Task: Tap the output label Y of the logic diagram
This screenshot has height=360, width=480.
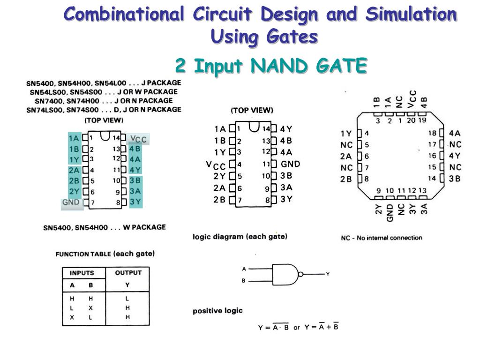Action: pyautogui.click(x=328, y=274)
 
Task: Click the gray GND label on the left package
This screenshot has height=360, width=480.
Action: pyautogui.click(x=71, y=202)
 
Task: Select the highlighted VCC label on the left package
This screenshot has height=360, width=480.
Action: pyautogui.click(x=139, y=139)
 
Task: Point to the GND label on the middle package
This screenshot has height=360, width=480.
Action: pyautogui.click(x=290, y=164)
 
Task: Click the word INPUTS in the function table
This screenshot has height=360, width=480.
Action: pyautogui.click(x=82, y=273)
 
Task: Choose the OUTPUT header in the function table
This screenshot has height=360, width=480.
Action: pyautogui.click(x=128, y=273)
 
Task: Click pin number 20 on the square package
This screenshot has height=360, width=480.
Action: pyautogui.click(x=411, y=120)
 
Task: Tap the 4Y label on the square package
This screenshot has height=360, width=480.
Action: pyautogui.click(x=454, y=156)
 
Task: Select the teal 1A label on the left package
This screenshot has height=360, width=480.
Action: pyautogui.click(x=74, y=138)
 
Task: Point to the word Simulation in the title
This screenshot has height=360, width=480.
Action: pyautogui.click(x=411, y=15)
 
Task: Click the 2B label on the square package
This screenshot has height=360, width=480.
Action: pyautogui.click(x=346, y=179)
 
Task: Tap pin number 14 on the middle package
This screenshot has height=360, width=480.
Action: pyautogui.click(x=266, y=129)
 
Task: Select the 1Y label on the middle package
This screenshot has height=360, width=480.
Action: pyautogui.click(x=220, y=152)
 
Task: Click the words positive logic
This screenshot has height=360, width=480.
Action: pyautogui.click(x=217, y=311)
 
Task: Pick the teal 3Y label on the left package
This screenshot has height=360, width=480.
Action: pyautogui.click(x=135, y=202)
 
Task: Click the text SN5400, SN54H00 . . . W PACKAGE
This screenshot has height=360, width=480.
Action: pyautogui.click(x=104, y=228)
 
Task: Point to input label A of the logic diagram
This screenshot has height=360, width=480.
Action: pyautogui.click(x=244, y=269)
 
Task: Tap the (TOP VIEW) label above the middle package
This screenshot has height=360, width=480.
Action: pyautogui.click(x=252, y=110)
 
